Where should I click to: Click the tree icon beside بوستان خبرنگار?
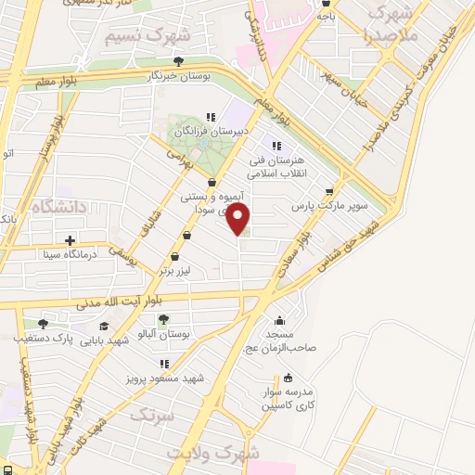[178, 61]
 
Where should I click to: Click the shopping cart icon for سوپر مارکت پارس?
[328, 193]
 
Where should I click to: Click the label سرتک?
[151, 414]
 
